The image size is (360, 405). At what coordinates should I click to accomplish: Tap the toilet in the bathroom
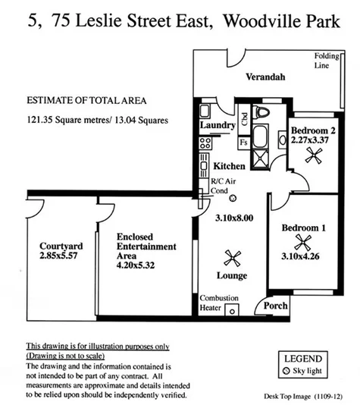click(x=262, y=113)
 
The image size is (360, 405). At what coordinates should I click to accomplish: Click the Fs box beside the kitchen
click(x=243, y=142)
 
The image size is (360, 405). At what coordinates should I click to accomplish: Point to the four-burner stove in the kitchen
click(x=205, y=143)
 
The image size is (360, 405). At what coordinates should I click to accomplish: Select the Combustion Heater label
click(x=219, y=303)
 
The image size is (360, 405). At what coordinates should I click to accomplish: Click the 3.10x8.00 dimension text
click(x=232, y=218)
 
